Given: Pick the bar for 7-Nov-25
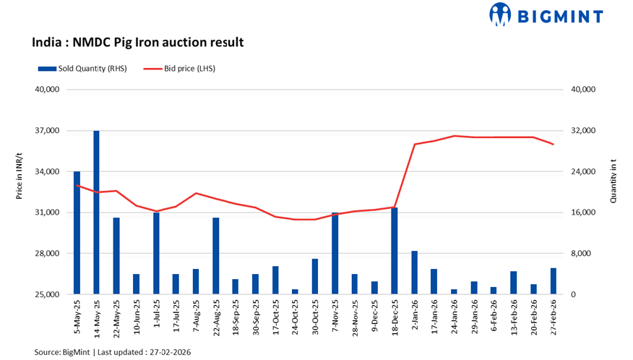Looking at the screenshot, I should [x=335, y=254].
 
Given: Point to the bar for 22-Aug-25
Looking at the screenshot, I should [x=215, y=256].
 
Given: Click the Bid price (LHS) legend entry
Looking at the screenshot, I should [x=177, y=69].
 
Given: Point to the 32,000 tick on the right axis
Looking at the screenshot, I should [x=582, y=131].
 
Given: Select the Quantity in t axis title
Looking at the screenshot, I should [x=613, y=180].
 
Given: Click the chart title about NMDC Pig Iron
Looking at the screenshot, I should [x=137, y=43].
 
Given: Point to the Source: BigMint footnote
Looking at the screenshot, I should [x=112, y=351].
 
